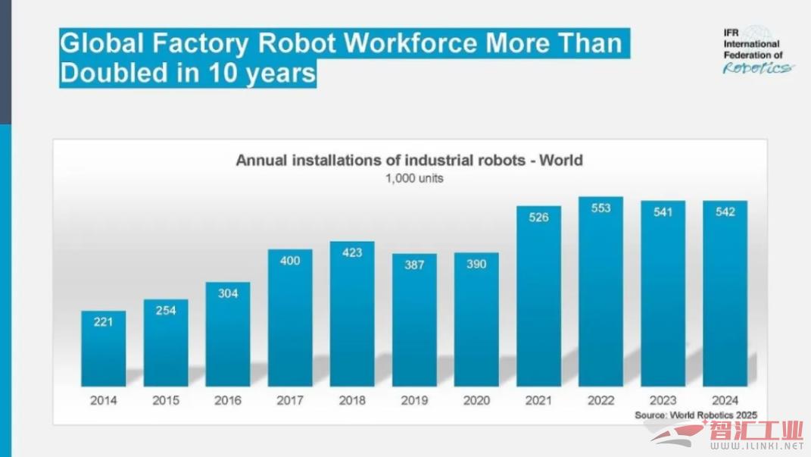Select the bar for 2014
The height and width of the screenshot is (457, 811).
[x=104, y=349]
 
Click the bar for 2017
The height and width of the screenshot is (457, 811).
[x=290, y=318]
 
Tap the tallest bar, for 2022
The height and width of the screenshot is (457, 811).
[x=600, y=292]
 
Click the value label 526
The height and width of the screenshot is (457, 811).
[x=538, y=218]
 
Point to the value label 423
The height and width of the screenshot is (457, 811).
[x=352, y=253]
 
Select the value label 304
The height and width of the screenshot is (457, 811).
[x=228, y=293]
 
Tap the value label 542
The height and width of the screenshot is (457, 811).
[x=725, y=212]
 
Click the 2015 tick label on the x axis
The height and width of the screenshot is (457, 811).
[x=166, y=400]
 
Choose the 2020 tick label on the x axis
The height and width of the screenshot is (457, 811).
[x=476, y=400]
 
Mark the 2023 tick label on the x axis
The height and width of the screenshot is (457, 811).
[x=663, y=400]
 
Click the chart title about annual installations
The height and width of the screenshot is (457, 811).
[x=409, y=160]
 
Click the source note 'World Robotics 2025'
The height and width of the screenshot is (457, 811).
[x=696, y=415]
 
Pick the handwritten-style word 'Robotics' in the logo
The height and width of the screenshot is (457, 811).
[x=758, y=68]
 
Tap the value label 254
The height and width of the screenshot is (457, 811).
[x=166, y=311]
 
